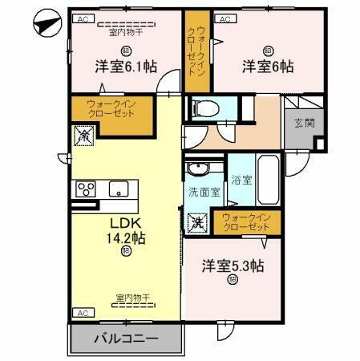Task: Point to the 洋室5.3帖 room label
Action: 233,266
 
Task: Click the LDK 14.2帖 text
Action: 127,230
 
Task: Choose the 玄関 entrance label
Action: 304,123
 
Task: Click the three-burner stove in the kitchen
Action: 86,189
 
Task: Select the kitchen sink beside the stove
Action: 118,190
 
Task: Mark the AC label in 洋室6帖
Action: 225,18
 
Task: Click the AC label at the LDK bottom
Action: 82,312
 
